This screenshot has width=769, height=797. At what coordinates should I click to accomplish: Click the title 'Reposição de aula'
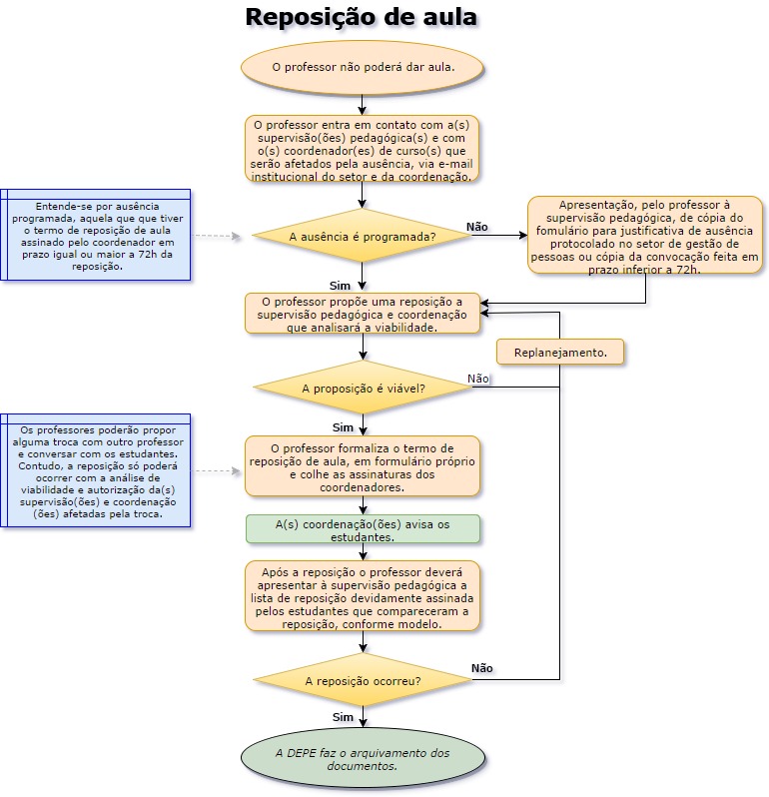tap(361, 17)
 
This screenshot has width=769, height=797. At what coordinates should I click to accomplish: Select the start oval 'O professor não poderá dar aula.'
tap(363, 68)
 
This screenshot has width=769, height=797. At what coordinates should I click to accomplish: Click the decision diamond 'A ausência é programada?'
tap(362, 237)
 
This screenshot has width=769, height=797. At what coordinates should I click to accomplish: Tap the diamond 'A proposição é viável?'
tap(363, 388)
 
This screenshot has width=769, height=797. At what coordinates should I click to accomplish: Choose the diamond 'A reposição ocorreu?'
tap(363, 681)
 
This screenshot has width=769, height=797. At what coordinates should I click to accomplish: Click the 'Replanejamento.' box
tap(559, 352)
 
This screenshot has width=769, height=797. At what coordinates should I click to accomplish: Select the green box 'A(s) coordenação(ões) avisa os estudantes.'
tap(363, 529)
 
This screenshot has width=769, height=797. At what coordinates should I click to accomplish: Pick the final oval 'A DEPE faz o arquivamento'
tap(363, 759)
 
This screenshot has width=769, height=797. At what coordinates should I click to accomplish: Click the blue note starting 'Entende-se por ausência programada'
tap(97, 236)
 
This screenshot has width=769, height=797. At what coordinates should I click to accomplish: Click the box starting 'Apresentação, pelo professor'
tap(644, 236)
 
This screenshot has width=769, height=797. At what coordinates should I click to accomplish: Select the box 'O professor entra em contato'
tap(363, 149)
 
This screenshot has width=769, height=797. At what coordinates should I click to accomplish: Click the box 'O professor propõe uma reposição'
tap(363, 313)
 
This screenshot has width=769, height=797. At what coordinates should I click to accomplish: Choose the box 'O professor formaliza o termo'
tap(363, 466)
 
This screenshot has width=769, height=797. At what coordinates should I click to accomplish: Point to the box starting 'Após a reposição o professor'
tap(363, 595)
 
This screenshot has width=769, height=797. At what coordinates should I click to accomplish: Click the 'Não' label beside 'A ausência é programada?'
tap(477, 227)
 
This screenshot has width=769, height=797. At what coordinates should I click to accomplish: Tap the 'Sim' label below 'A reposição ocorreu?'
tap(343, 717)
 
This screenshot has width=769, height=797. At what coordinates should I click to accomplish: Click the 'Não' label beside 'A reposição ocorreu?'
tap(481, 668)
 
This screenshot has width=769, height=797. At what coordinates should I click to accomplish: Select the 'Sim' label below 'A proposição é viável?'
tap(343, 426)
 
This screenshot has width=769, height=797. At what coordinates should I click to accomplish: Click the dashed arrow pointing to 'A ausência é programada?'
tap(217, 237)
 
